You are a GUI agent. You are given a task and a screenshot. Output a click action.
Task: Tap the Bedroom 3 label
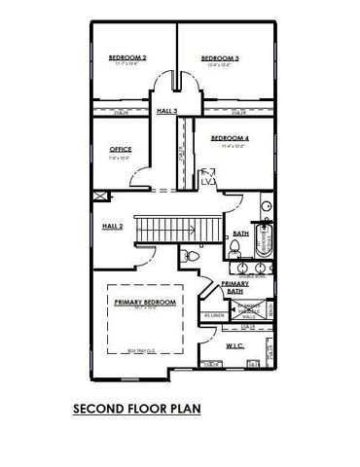pos(220,58)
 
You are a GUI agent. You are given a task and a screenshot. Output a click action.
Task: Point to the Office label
pos(121,149)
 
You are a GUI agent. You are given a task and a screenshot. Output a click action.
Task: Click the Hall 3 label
pos(166,111)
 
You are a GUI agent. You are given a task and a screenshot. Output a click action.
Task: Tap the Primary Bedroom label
pos(145,303)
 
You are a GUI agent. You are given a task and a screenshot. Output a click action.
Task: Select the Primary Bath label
pos(234,287)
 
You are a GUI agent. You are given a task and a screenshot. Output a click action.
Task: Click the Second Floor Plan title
pos(136,409)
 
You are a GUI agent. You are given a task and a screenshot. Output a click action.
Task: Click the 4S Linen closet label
pos(214,316)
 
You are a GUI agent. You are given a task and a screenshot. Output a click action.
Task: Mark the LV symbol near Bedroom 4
pos(207,181)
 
